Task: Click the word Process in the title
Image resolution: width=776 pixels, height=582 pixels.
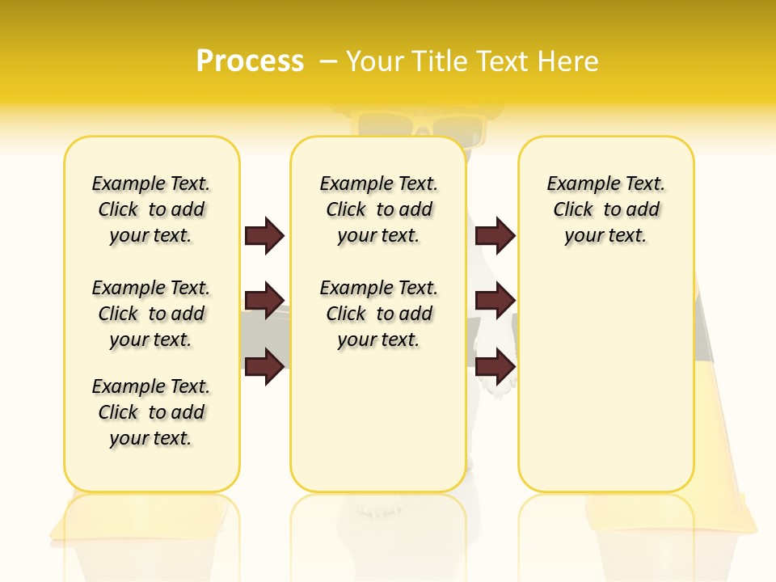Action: point(250,61)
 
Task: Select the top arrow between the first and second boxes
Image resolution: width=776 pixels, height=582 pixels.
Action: point(264,236)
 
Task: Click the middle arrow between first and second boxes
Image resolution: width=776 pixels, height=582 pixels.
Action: point(264,301)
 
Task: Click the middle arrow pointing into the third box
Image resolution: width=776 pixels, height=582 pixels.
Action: point(495,301)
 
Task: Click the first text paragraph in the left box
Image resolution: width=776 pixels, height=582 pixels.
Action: point(151,209)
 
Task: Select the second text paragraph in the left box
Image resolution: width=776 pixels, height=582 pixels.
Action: point(151,314)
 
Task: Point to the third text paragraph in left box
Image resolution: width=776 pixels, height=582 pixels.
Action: point(151,412)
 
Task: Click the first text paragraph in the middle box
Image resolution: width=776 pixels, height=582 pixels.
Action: point(379,209)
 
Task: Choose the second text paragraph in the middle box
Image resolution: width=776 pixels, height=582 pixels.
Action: point(379,314)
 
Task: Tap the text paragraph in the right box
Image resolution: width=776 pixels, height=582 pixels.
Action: point(606,209)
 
